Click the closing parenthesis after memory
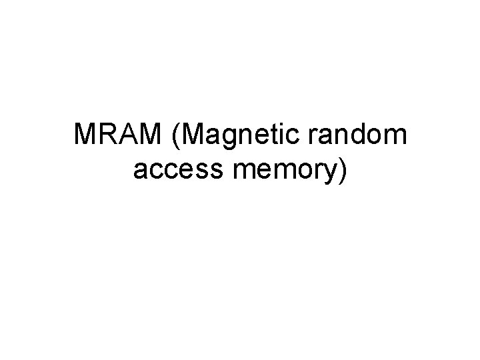(343, 171)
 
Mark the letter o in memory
(301, 172)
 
